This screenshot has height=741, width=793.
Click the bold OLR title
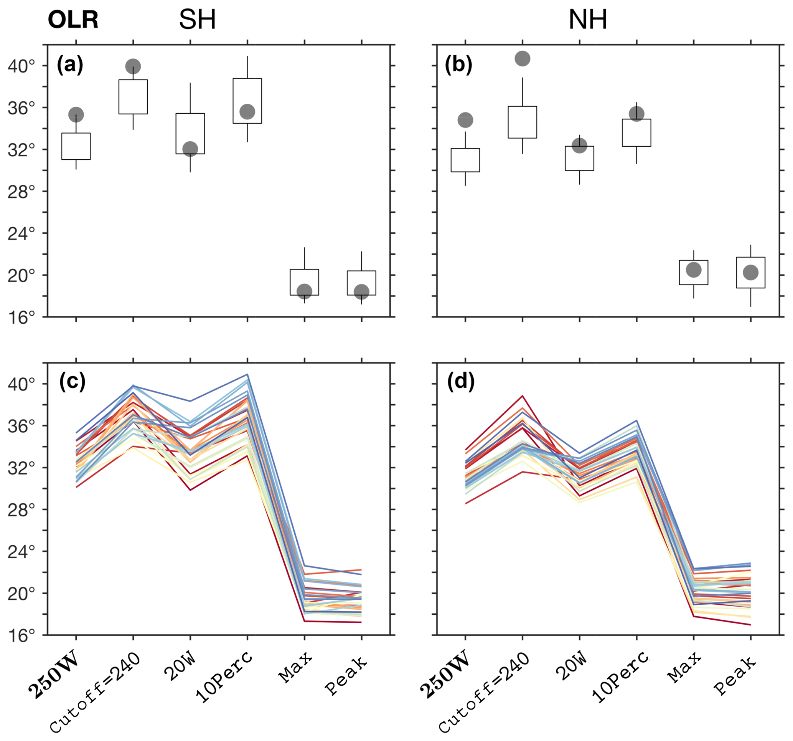coord(73,20)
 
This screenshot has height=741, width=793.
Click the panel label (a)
coord(70,64)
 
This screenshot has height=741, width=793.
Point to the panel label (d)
coord(461,382)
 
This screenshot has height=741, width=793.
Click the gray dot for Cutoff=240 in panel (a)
coord(133,66)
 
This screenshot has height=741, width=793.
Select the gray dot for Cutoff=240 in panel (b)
coord(523,59)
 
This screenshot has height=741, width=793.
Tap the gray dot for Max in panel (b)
coord(694,270)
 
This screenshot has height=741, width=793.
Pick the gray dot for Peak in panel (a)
coord(361,291)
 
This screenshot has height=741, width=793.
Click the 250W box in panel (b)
coord(465,160)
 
